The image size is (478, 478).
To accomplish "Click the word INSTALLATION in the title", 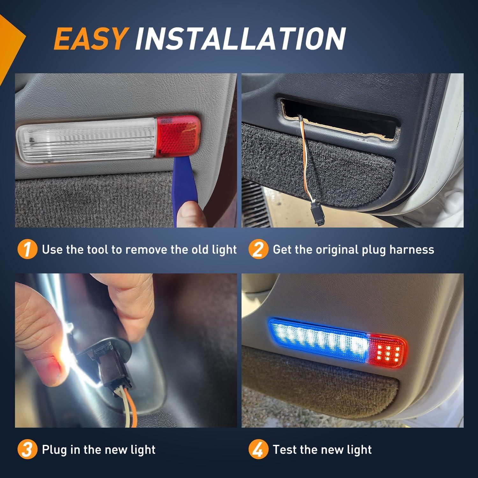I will [241, 38].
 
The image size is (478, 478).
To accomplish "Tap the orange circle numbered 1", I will [27, 250].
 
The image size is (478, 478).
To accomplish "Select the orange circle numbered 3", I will [27, 450].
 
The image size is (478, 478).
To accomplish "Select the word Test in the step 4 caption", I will [285, 450].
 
